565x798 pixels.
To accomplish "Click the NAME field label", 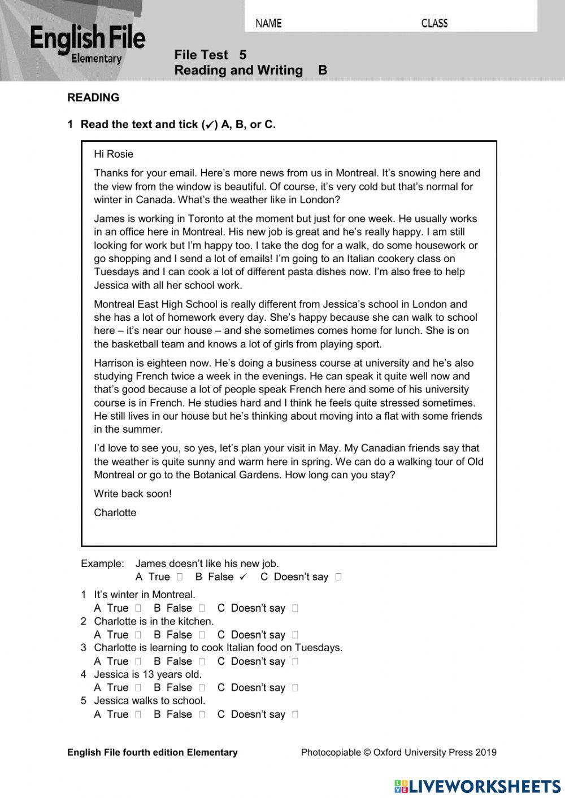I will click(x=268, y=23).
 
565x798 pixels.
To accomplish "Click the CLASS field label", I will click(x=434, y=23).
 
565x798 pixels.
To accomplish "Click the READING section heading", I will click(x=93, y=98).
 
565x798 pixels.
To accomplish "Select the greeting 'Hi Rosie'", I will click(x=114, y=154).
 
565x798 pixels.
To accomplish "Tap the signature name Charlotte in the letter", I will click(x=115, y=513).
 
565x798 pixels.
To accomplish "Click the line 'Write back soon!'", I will click(x=133, y=494).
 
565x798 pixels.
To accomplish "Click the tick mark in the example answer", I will click(x=244, y=577).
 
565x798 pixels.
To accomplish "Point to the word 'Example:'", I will click(x=102, y=564).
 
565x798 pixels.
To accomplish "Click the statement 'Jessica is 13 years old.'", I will click(x=147, y=674).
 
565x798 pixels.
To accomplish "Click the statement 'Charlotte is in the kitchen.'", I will click(x=154, y=621).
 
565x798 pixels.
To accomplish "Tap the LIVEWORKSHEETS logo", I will click(x=477, y=786).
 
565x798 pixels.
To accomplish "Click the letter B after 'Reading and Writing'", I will click(x=323, y=71).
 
